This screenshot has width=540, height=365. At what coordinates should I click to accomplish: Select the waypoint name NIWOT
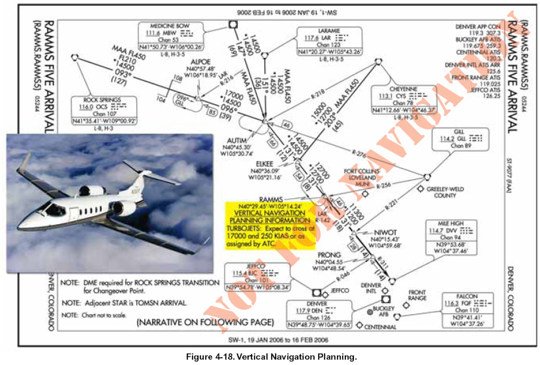point(385,233)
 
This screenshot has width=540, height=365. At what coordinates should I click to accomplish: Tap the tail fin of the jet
point(29,162)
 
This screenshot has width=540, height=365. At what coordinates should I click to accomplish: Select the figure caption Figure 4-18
point(271,357)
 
